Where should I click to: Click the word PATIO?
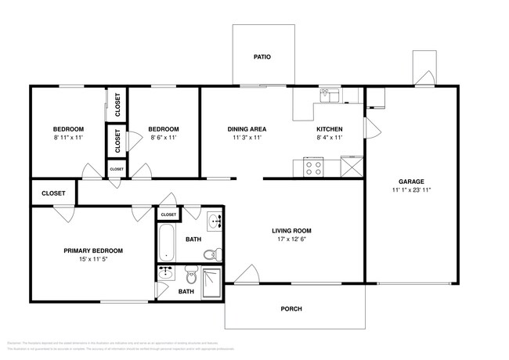point(262,57)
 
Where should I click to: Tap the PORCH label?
point(291,308)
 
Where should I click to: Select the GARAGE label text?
point(411,181)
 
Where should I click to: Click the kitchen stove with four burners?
point(314,167)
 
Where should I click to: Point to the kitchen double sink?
point(328,95)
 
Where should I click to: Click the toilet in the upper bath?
point(210,255)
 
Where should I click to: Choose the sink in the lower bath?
point(165,273)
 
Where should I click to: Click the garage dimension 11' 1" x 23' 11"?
point(411,190)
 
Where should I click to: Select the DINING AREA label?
point(247,129)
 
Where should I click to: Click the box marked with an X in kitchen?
point(352,167)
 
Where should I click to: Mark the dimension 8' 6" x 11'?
point(164,138)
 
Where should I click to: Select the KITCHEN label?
point(329,129)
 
